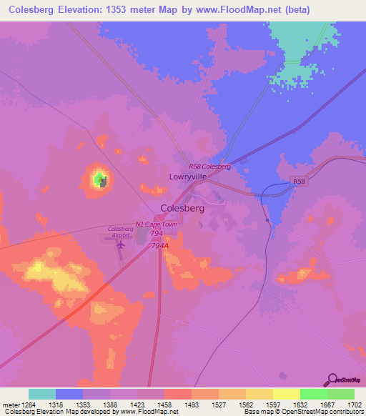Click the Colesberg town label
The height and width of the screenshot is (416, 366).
tap(183, 208)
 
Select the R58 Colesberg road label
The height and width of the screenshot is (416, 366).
tap(209, 167)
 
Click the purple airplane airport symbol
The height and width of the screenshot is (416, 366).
tap(119, 244)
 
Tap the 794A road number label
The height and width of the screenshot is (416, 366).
tap(160, 245)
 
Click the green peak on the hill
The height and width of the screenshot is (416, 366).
tap(97, 178)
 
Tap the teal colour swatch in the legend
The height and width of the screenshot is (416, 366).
tap(42, 394)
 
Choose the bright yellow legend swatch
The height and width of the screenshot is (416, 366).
tap(287, 394)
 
